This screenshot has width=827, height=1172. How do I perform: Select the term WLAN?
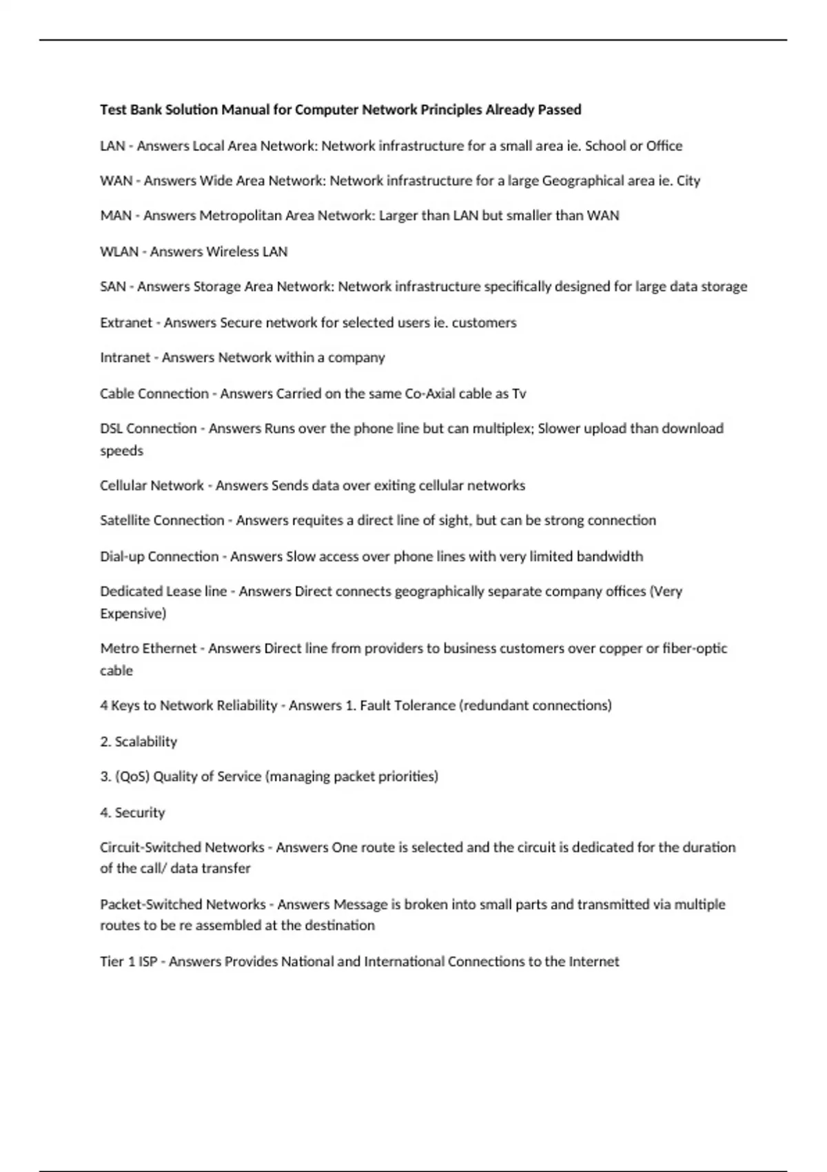119,252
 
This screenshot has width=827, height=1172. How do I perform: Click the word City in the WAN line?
688,181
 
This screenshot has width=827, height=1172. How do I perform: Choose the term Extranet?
126,323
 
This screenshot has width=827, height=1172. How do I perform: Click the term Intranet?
125,358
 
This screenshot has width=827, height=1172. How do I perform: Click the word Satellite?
125,521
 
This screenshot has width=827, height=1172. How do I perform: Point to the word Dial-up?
122,556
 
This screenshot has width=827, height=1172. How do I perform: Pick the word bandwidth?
609,556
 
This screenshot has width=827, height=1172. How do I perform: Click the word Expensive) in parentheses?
133,614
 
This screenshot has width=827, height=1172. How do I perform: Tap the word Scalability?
146,742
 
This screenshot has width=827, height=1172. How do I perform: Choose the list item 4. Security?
132,813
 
